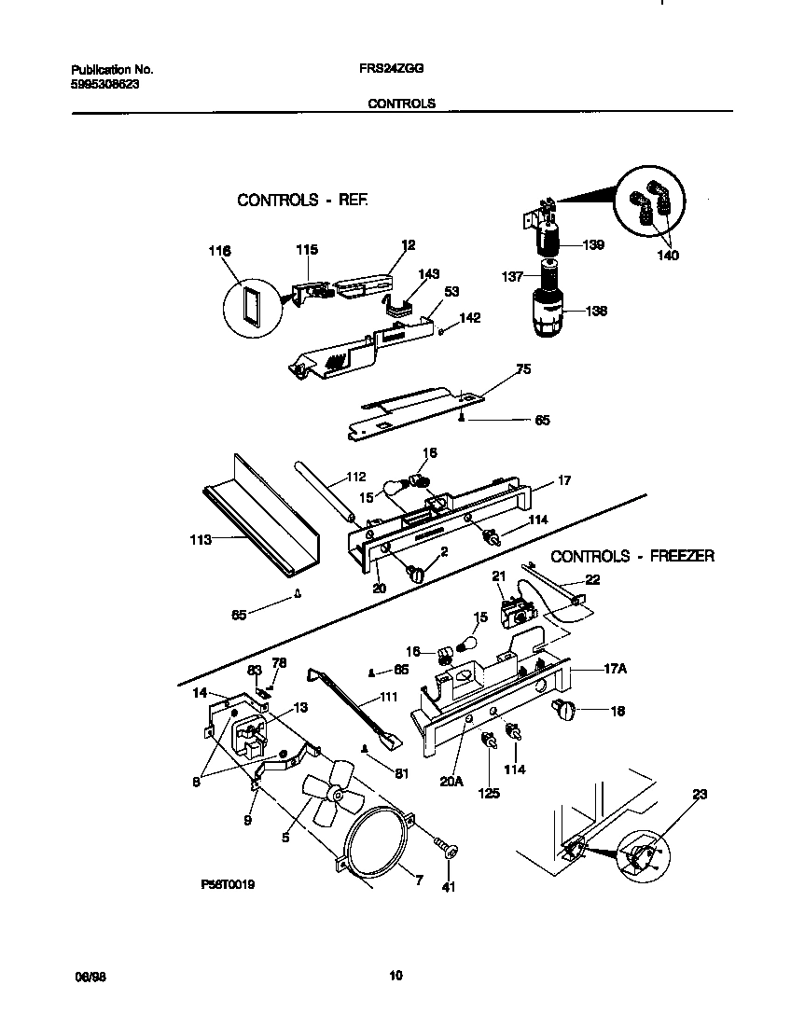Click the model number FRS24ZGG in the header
[x=384, y=69]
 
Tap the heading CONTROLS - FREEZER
[x=632, y=556]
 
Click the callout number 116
[x=220, y=251]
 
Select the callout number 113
[x=200, y=539]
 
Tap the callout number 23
[x=700, y=794]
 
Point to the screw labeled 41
[x=449, y=850]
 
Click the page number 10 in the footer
[x=395, y=977]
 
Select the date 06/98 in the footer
[x=87, y=977]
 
